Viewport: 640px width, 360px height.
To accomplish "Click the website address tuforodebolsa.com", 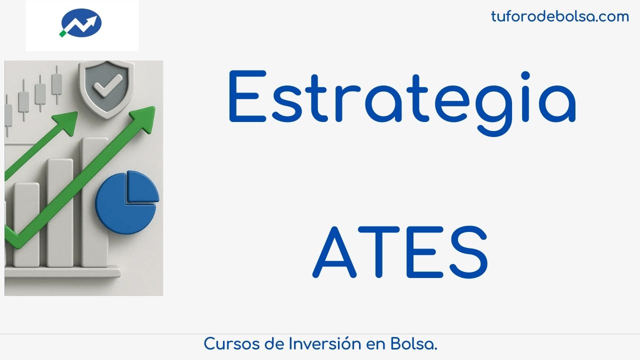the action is tap(560, 16).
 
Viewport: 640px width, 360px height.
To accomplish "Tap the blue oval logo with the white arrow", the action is tap(82, 22).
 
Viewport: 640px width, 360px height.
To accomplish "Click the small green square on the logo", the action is tap(62, 33).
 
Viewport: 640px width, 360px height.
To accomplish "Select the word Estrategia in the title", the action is tap(402, 103).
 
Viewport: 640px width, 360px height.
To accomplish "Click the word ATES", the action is tap(400, 251).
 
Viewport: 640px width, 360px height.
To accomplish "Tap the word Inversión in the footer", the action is tap(325, 343).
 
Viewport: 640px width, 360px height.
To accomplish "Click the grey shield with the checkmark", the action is tap(106, 89).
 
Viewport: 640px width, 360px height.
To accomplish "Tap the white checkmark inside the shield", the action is tap(108, 85).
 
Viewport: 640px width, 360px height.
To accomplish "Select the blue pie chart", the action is tap(127, 202).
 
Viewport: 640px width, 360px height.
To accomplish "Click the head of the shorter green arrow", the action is tap(67, 121).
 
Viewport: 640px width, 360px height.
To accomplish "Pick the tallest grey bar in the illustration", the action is tap(94, 202).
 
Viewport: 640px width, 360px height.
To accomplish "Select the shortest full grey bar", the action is tap(26, 225).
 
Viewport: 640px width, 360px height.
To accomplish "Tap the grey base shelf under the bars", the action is tap(62, 271).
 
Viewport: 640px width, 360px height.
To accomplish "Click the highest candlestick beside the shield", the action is tap(57, 84).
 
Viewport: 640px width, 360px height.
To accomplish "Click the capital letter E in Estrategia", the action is tap(247, 96).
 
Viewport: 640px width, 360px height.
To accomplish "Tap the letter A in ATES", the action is tap(334, 251).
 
